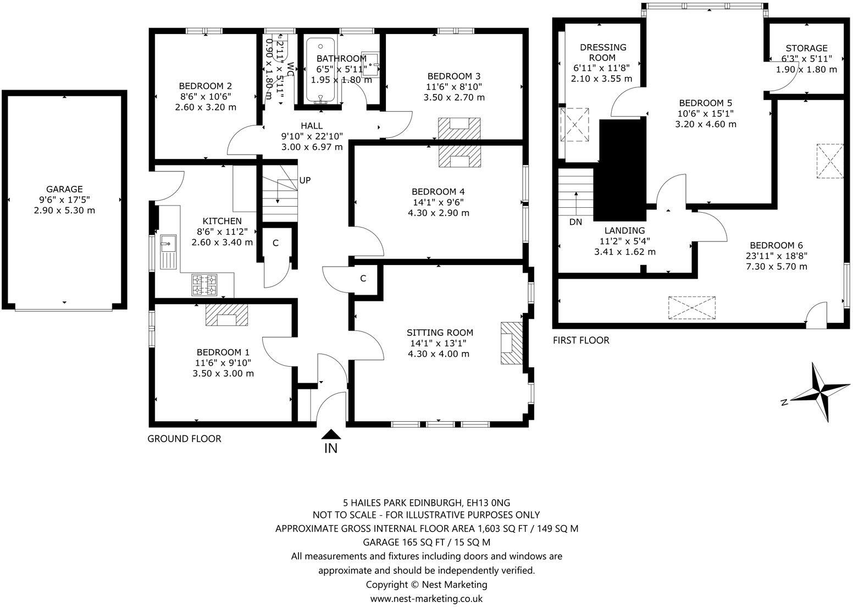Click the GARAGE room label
[64, 189]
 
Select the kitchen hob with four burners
[204, 285]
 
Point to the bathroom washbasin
[372, 65]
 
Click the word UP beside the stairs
[305, 180]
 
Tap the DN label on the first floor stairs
[575, 222]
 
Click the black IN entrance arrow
[331, 434]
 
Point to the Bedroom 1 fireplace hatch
[226, 316]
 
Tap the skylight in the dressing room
[574, 125]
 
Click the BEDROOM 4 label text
[438, 191]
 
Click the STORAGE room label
[806, 48]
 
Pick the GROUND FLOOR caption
[184, 439]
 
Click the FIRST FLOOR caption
[581, 340]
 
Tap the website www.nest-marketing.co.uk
[426, 598]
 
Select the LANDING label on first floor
[624, 230]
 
